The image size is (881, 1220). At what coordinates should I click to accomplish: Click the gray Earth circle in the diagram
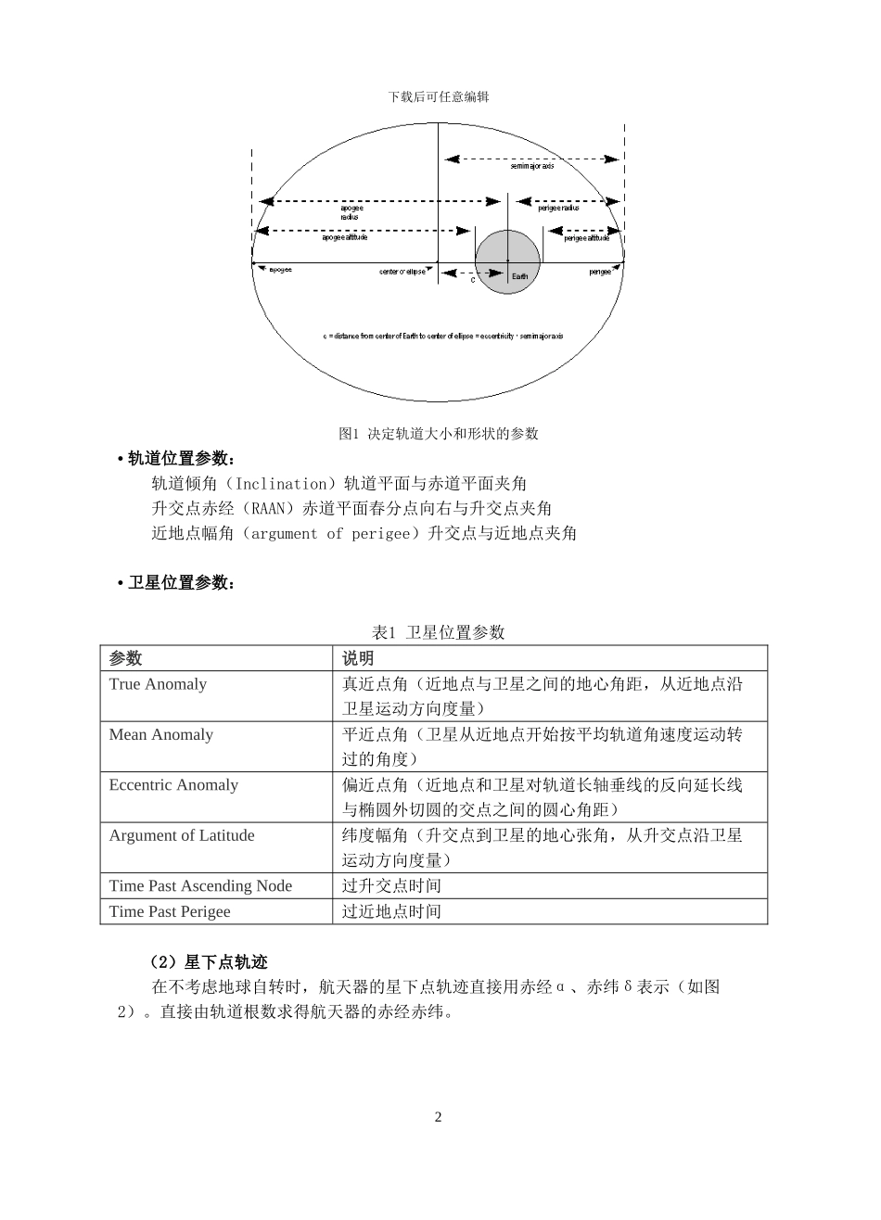tap(507, 261)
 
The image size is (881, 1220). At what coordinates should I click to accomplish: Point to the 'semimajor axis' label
tap(532, 167)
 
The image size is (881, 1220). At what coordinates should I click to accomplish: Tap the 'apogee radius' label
tap(351, 212)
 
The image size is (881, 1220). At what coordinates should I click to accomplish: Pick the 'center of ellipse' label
tap(402, 272)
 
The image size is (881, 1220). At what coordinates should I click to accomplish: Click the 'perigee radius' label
tap(558, 208)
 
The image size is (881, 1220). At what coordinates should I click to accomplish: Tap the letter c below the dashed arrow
tap(472, 279)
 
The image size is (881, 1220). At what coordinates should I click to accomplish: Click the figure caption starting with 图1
tap(439, 433)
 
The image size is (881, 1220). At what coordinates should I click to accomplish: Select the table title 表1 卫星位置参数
tap(439, 632)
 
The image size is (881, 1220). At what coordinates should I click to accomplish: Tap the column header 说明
tap(358, 658)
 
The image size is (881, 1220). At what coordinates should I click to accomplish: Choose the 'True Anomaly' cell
tap(158, 684)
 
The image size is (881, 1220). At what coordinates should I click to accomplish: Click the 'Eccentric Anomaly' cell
tap(173, 785)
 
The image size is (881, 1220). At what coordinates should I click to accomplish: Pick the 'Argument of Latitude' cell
tap(182, 835)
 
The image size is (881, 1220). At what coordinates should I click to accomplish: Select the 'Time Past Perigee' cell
tap(170, 911)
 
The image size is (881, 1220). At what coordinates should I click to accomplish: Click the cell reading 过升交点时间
tap(391, 886)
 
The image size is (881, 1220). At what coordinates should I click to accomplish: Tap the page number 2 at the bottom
tap(439, 1116)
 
